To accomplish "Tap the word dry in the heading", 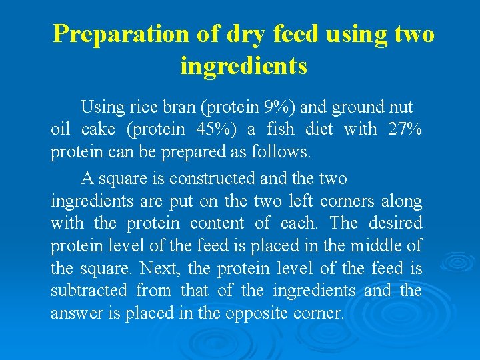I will (242, 33).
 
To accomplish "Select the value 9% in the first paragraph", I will (276, 107).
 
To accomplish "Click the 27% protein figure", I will (404, 129).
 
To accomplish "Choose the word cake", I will (99, 129).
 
